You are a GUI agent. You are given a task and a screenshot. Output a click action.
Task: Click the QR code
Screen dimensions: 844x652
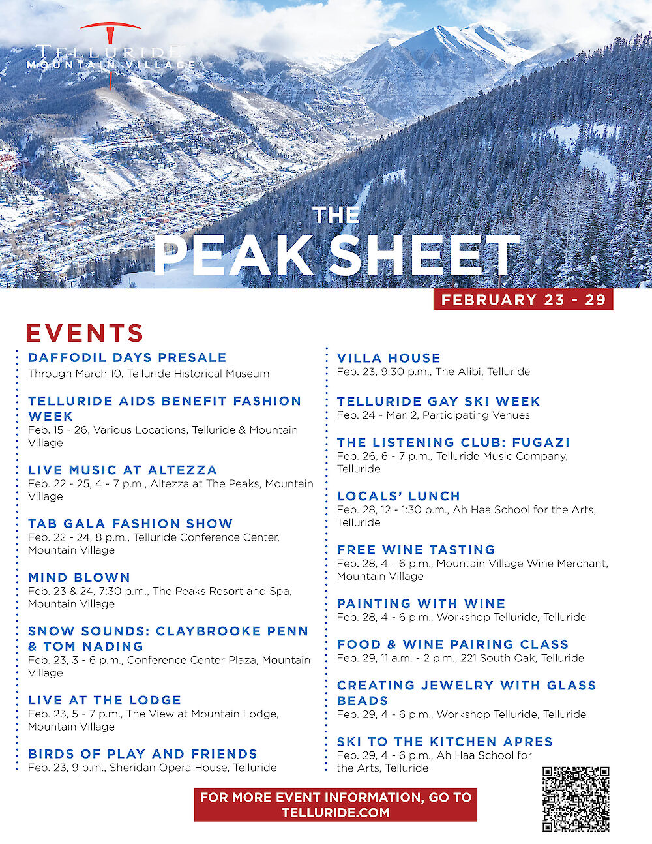click(576, 799)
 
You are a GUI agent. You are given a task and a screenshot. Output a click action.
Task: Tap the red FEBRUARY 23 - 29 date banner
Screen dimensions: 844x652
click(524, 300)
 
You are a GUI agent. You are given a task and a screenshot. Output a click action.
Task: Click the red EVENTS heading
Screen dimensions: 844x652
click(85, 333)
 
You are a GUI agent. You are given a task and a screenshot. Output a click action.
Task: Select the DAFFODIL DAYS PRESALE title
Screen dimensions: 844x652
click(127, 357)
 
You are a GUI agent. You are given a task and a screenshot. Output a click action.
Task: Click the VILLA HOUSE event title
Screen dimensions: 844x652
click(389, 358)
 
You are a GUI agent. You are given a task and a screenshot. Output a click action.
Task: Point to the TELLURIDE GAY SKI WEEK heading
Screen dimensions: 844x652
click(438, 401)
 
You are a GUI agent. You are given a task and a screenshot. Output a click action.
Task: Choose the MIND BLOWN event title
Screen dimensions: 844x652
click(79, 577)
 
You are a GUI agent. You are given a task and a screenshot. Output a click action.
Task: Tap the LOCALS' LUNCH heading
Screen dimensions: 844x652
click(398, 496)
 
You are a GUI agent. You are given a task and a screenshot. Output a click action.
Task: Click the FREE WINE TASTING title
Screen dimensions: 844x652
click(416, 550)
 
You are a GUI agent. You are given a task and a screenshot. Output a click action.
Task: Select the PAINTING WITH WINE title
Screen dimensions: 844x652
click(421, 604)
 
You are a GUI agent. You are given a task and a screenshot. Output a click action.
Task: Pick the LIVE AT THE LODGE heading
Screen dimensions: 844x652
click(104, 700)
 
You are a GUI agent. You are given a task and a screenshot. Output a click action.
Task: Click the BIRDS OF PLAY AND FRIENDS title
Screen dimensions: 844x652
click(143, 754)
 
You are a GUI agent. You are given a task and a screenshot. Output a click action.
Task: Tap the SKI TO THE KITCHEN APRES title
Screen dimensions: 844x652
click(445, 742)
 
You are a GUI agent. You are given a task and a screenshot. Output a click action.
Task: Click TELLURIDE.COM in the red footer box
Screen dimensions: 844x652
click(336, 813)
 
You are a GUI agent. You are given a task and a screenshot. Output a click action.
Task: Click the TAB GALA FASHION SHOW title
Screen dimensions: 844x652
click(130, 524)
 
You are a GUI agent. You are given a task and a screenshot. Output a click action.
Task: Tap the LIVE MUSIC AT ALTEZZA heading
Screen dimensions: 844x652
click(123, 470)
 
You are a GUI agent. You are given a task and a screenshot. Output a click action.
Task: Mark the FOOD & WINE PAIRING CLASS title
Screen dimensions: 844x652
click(452, 644)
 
